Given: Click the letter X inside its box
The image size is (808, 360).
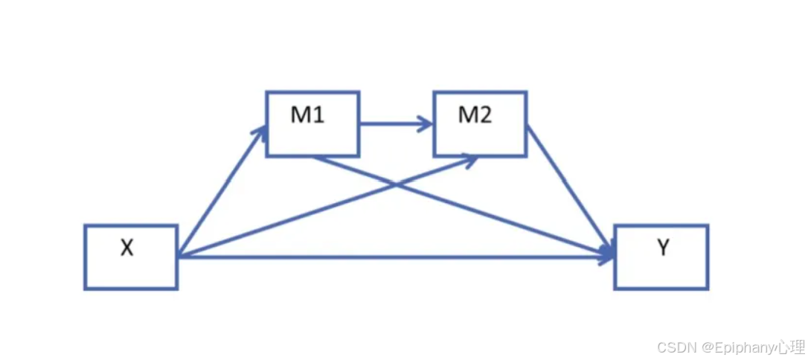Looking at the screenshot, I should point(127,248).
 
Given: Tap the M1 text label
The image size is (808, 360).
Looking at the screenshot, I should point(308,116).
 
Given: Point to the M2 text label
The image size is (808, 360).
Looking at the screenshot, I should point(475,116).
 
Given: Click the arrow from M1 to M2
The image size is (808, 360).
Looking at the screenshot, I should point(394,124).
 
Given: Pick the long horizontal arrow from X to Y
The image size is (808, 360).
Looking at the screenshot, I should point(394,257).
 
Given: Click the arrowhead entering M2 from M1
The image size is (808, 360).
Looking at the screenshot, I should point(426,124).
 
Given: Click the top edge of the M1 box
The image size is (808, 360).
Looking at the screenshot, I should point(312,92).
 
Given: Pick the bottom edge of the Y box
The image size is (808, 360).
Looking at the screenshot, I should point(661,288).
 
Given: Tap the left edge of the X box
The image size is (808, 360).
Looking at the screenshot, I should point(86,257).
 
